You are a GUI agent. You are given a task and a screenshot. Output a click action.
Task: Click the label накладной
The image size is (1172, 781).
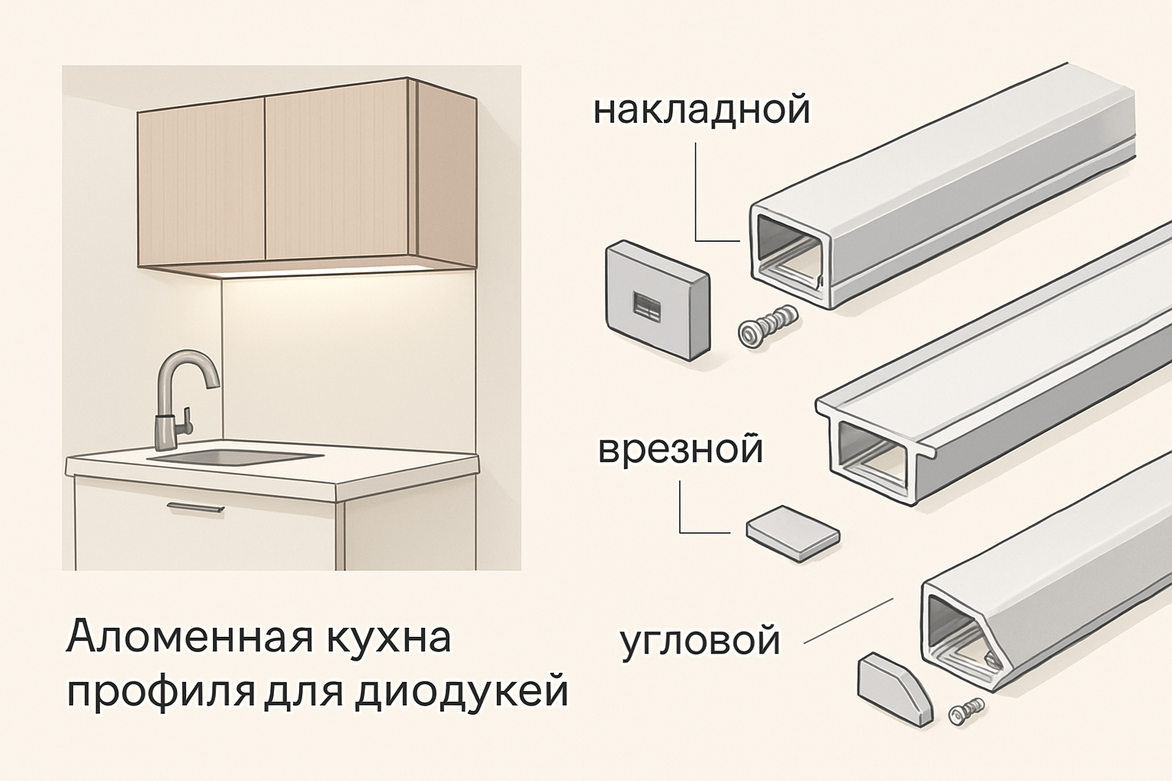tap(701, 111)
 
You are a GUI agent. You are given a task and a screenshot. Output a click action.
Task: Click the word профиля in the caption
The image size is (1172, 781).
tap(160, 693)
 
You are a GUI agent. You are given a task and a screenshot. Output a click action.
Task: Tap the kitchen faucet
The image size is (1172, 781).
tap(180, 397)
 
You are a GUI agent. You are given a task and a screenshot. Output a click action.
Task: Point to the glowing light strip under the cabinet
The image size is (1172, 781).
tap(320, 271)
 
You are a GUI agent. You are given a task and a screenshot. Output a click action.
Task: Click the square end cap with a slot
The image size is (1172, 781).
tap(656, 301)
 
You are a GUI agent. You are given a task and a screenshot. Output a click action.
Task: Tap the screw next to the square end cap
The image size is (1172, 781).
tap(766, 326)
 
